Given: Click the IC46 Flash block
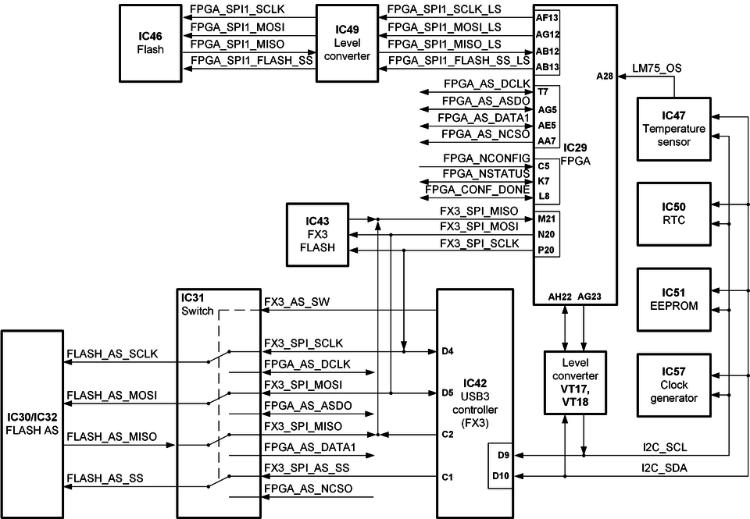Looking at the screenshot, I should point(151,43).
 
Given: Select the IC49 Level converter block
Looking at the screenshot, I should point(347,43).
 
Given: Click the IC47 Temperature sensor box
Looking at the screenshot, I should point(673,129).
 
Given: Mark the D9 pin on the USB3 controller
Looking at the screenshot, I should point(502,454).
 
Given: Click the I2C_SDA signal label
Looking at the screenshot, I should point(657,467).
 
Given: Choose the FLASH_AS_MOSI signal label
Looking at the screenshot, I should point(112,396).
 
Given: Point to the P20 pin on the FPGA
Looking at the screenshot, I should point(546,251).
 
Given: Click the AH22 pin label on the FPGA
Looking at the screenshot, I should point(560,297).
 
